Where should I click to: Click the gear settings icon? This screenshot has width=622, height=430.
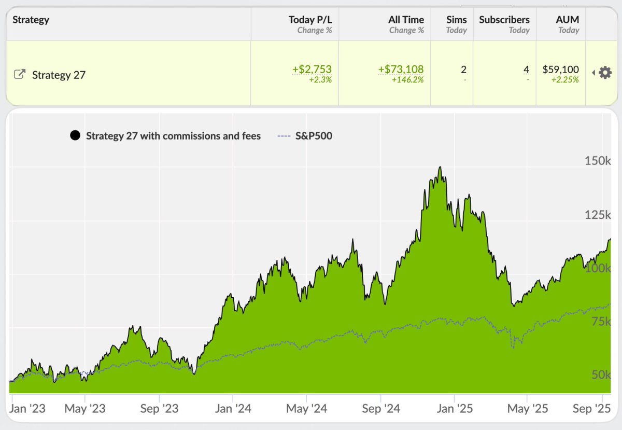(x=605, y=73)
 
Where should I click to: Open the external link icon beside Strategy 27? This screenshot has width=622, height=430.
(x=19, y=74)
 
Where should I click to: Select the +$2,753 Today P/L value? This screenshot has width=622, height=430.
(x=312, y=70)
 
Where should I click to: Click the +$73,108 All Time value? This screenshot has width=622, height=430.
(x=401, y=70)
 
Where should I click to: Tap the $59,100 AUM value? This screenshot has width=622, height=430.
(x=560, y=70)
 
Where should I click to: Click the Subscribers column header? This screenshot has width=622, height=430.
(x=504, y=20)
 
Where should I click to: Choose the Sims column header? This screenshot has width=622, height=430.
(x=456, y=20)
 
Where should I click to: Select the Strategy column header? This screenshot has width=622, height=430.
(x=31, y=20)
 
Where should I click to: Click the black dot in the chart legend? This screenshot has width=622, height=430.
(x=75, y=136)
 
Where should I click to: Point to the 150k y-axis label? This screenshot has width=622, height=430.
(x=597, y=161)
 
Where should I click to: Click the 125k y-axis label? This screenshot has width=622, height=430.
(x=597, y=215)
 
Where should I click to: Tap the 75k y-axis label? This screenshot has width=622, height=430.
(x=599, y=322)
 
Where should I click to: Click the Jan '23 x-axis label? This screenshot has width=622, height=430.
(x=28, y=409)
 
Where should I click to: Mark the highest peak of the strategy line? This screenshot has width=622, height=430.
(x=440, y=167)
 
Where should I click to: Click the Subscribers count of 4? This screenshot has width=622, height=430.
(x=526, y=70)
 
